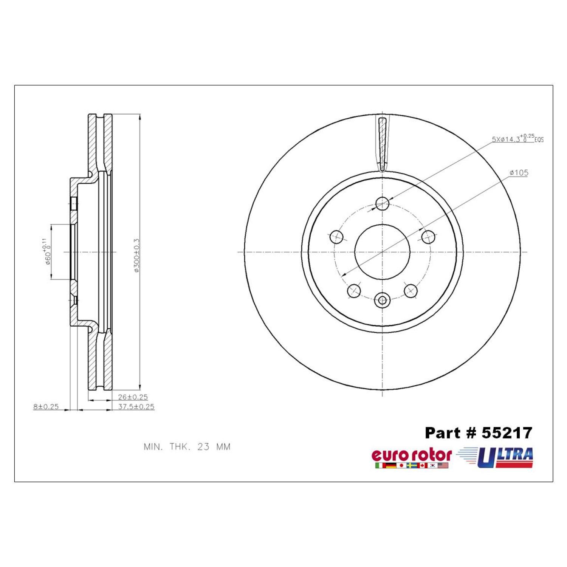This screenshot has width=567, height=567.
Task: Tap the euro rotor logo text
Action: point(412,455)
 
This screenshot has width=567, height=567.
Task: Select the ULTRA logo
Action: point(495,457)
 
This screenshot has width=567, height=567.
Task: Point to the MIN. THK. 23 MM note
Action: point(187,447)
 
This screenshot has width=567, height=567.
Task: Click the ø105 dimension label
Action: point(519,173)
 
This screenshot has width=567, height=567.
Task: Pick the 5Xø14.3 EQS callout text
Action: point(518,138)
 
